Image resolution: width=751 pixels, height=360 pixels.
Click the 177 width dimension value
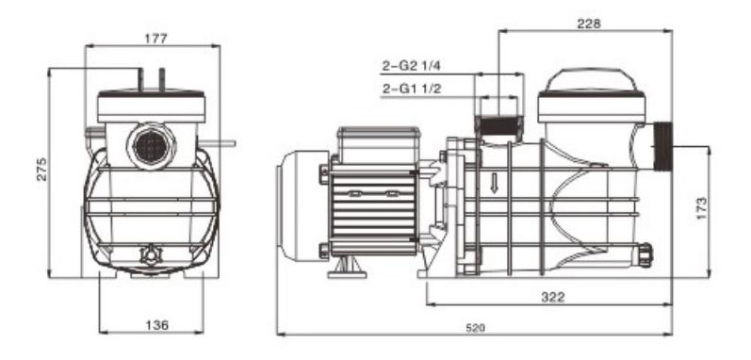tap(156, 40)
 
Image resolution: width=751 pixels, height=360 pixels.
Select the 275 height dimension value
tap(42, 169)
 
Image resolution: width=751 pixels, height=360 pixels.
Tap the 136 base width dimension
tap(157, 325)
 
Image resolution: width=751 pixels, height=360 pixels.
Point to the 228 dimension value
tap(588, 24)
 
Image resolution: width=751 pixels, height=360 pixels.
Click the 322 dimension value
tap(553, 297)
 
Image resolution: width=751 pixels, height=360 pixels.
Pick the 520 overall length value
tap(476, 328)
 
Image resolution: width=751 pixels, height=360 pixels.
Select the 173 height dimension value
tap(701, 207)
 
